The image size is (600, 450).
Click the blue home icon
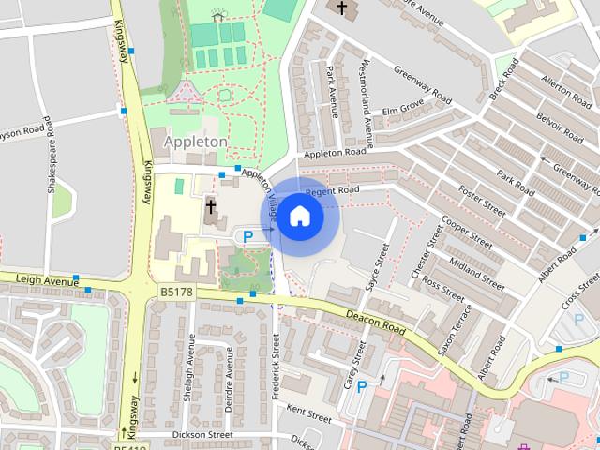pos(299,217)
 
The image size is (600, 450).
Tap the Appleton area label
pos(195,142)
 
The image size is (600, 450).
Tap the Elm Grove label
pos(403,108)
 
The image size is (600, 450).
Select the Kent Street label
pos(309,412)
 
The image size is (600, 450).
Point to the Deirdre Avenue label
pos(229,376)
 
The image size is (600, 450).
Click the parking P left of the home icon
pos(247,237)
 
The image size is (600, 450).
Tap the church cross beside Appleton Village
pos(211,206)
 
